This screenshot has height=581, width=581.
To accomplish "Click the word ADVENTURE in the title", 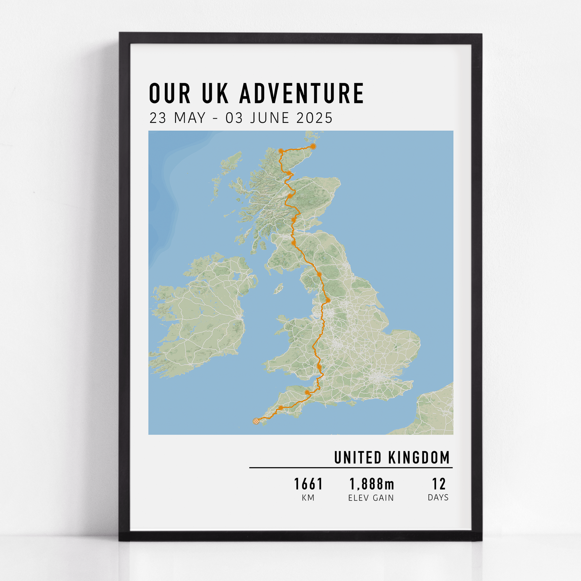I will [x=302, y=94].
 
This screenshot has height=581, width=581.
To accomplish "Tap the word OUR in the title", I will [x=170, y=94].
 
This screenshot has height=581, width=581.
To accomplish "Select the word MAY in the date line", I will [x=190, y=118].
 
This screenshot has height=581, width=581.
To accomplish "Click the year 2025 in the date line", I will [x=315, y=118].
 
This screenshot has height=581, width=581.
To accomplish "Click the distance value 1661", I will [x=308, y=484].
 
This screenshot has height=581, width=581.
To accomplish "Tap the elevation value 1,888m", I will [x=371, y=484].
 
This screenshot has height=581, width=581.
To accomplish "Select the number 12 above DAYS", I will [x=439, y=484].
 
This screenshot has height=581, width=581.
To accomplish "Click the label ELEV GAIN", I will [x=371, y=498].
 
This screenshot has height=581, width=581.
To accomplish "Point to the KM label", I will [x=308, y=498].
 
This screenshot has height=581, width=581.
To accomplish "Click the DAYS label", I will [x=438, y=498].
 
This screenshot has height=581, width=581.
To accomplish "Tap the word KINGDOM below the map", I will [x=419, y=457].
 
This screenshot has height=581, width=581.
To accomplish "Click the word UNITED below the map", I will [x=358, y=457].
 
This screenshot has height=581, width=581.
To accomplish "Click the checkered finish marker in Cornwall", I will [x=256, y=421].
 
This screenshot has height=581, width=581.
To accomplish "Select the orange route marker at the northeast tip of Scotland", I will [x=313, y=146].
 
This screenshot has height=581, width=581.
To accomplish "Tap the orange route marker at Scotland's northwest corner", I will [x=281, y=151].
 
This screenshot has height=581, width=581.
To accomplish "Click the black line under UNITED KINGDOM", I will [x=351, y=468].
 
